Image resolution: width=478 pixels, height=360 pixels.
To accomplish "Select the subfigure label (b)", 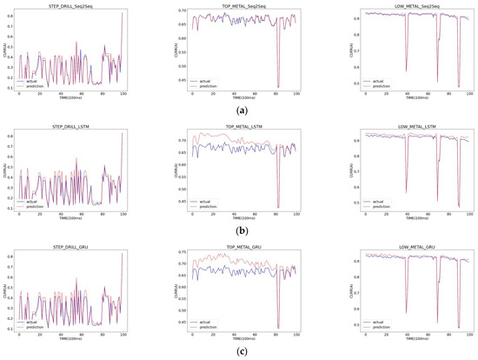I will click(239, 230).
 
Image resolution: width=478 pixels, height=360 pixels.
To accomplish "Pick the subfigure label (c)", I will click(239, 350).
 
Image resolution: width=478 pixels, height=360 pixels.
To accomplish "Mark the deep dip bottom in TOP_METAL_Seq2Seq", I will click(279, 87).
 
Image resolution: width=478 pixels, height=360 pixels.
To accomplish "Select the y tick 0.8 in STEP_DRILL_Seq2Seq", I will click(13, 13).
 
